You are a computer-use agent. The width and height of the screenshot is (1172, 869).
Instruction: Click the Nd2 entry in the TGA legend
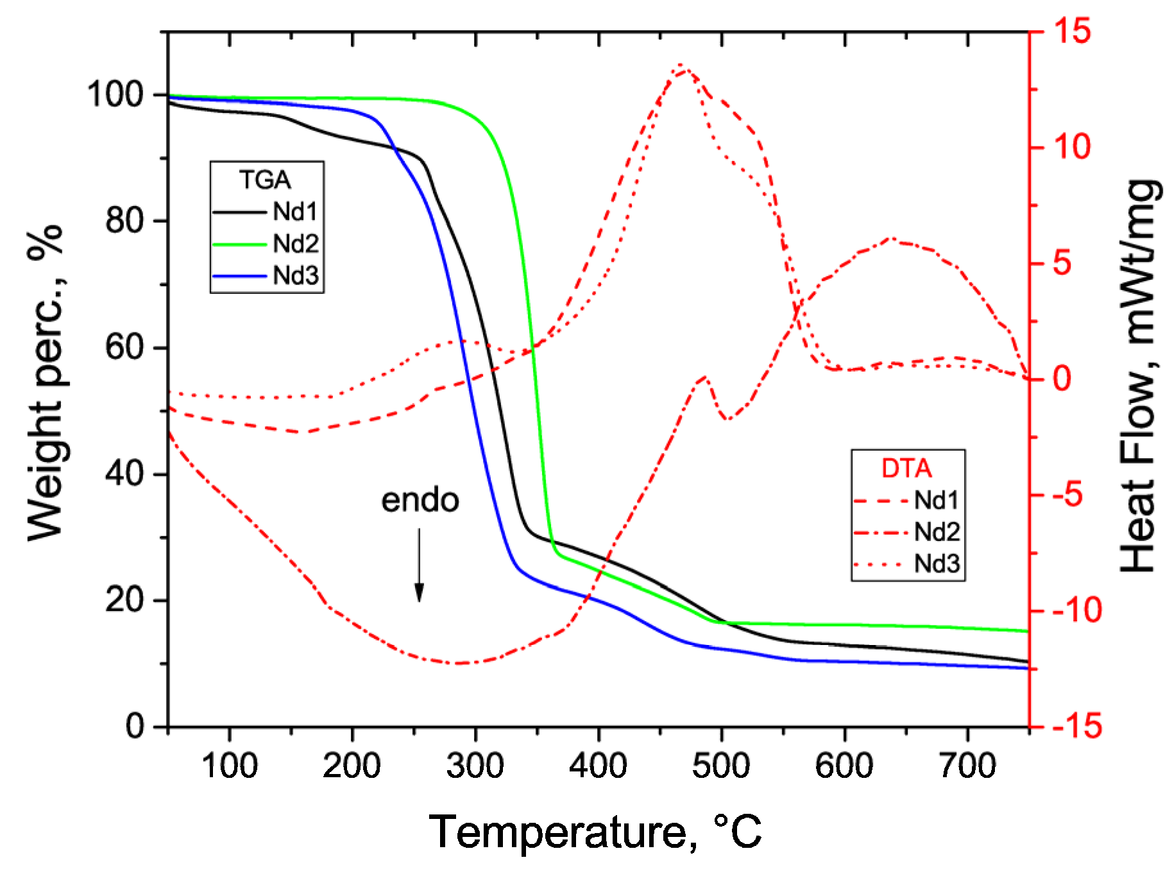point(266,244)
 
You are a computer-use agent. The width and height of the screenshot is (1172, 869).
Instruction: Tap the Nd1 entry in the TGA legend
point(266,212)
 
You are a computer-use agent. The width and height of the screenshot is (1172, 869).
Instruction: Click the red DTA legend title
point(906,469)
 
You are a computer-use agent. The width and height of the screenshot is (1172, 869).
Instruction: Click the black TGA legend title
point(265,180)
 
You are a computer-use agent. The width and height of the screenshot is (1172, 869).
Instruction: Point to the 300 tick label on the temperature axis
point(475,766)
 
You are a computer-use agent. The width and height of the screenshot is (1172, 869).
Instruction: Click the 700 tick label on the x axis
point(967,766)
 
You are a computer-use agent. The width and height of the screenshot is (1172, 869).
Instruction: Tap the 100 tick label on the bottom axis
point(229,766)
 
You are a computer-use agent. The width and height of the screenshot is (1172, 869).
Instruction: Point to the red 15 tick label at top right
point(1070,31)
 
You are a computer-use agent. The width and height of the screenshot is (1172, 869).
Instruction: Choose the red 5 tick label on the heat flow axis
point(1062,263)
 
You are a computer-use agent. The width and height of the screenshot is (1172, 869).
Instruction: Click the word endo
point(420,501)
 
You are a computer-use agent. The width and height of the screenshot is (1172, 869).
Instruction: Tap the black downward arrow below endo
point(419,565)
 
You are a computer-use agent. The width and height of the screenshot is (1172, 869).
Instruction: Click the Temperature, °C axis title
point(595,832)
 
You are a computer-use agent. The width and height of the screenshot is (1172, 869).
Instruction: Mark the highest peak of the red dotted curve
point(681,65)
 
